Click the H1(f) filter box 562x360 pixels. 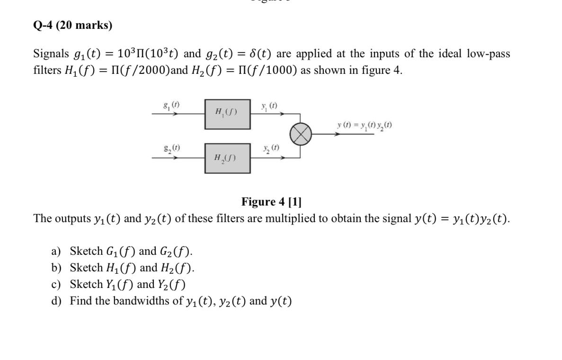pyautogui.click(x=227, y=114)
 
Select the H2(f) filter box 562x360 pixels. pyautogui.click(x=227, y=158)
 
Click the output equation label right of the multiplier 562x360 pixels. pyautogui.click(x=364, y=125)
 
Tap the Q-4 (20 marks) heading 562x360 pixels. pyautogui.click(x=73, y=25)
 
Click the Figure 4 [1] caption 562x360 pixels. pyautogui.click(x=271, y=202)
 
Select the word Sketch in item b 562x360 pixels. pyautogui.click(x=86, y=268)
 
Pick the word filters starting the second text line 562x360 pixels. pyautogui.click(x=46, y=71)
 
